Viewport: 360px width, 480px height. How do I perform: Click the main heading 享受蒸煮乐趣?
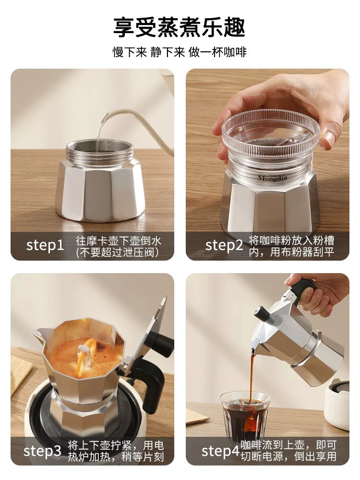coord(180,27)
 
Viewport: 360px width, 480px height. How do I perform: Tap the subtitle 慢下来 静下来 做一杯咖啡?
coord(180,52)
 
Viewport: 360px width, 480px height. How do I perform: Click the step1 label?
coord(45,245)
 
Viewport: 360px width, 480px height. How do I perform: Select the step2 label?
coord(224,245)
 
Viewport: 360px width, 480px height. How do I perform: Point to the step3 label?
coord(42,451)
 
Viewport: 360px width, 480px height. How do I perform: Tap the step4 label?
coord(220,451)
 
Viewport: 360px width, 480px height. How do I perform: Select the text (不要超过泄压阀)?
coord(118,252)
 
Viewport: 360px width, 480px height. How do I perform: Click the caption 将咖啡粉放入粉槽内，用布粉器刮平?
coord(291,246)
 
